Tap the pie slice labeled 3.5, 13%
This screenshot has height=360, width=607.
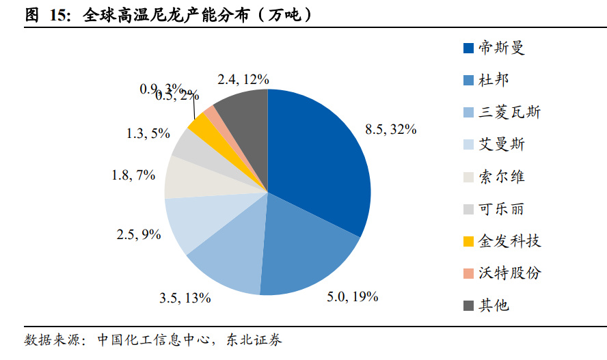[226, 263]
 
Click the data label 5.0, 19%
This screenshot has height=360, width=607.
[353, 296]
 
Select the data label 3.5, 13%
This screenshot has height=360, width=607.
[185, 298]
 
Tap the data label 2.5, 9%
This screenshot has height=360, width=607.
[139, 234]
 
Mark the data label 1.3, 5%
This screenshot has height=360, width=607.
[148, 133]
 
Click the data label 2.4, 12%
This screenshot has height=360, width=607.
[243, 79]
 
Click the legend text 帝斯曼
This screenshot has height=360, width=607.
[501, 48]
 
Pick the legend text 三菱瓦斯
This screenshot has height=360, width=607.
[509, 112]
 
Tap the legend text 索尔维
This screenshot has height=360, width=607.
[501, 176]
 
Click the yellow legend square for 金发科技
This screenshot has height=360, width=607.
[468, 241]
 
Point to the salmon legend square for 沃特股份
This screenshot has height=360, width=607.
[468, 273]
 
